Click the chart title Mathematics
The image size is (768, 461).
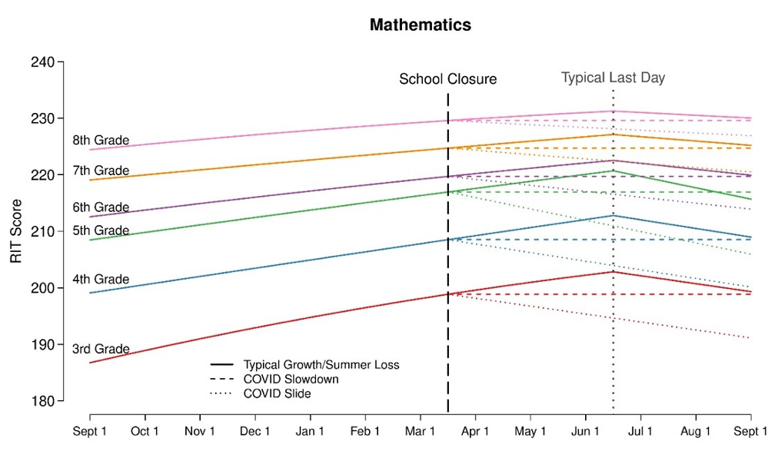(x=420, y=25)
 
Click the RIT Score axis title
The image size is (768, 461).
(x=16, y=231)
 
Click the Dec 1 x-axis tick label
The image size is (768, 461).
(x=255, y=431)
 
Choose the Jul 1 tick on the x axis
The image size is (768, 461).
(x=640, y=431)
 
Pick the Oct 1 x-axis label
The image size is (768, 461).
(x=145, y=431)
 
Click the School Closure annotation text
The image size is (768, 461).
(x=447, y=79)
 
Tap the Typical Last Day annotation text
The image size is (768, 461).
(x=613, y=78)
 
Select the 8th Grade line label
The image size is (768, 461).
(x=101, y=141)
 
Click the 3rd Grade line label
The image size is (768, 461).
(x=101, y=349)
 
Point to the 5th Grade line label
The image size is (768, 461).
(x=101, y=230)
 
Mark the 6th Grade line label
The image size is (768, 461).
(x=101, y=207)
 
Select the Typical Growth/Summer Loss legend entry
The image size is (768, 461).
(x=321, y=364)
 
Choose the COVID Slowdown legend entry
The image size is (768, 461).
(x=291, y=379)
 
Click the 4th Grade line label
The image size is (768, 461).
(x=101, y=280)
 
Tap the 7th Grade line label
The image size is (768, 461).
(x=101, y=171)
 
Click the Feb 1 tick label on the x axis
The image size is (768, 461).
(x=365, y=431)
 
